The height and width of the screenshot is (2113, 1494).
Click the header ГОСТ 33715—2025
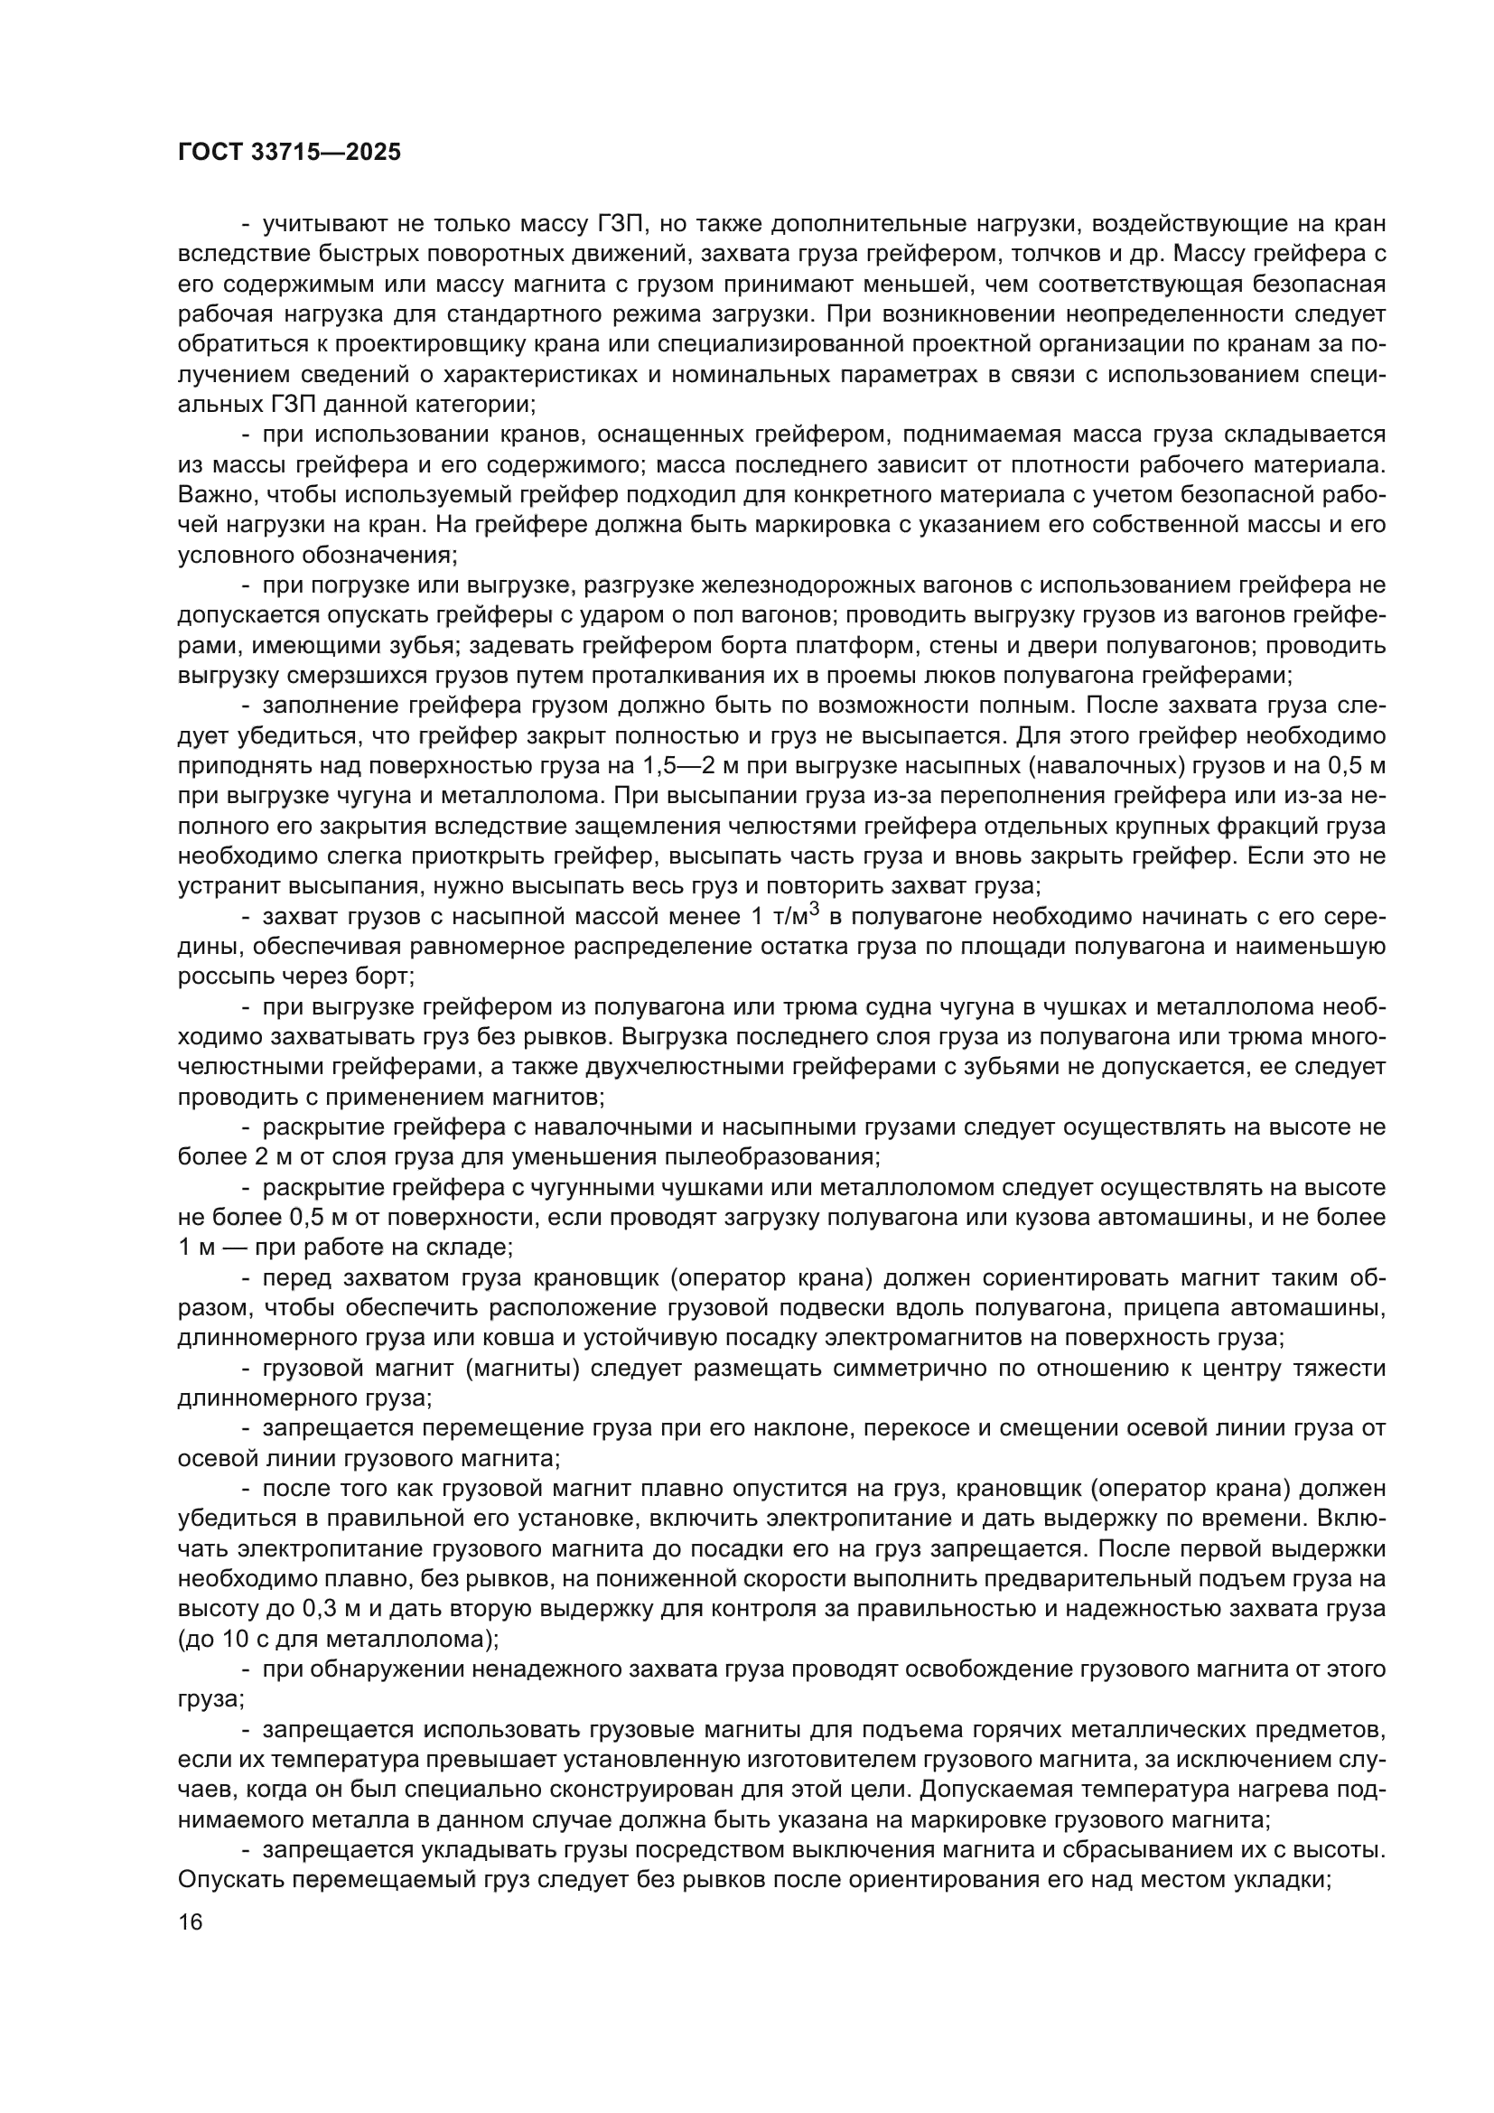click(290, 152)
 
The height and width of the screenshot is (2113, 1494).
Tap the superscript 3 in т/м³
click(813, 911)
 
